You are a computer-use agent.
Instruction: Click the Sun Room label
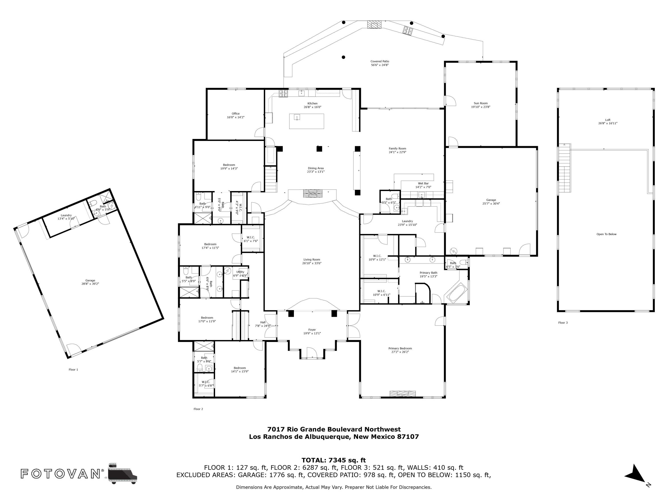coord(481,105)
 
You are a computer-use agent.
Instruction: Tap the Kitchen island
coord(307,121)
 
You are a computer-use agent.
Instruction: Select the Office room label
coord(236,115)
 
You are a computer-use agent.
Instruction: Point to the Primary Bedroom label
coord(400,350)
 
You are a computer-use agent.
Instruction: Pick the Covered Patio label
coord(380,63)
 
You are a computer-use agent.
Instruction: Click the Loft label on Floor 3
coord(608,121)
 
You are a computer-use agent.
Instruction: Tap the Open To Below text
coord(606,234)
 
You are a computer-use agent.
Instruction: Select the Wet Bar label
coord(423,185)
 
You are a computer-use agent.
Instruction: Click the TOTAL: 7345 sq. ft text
coord(334,460)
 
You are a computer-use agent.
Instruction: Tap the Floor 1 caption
coord(73,369)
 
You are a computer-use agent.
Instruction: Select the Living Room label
coord(312,261)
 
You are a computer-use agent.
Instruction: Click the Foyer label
coord(312,332)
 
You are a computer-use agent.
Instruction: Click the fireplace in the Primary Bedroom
coord(403,393)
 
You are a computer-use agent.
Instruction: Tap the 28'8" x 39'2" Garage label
coord(90,282)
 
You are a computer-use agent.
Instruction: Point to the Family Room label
coord(397,150)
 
